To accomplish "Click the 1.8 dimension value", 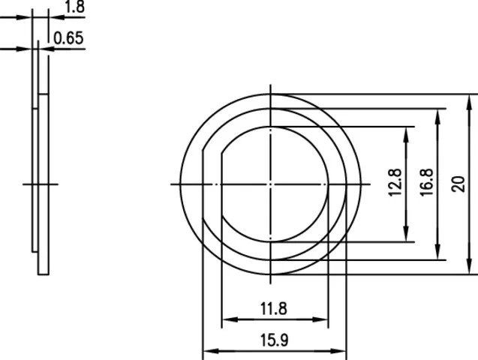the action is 75,7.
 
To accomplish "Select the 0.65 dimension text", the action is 68,38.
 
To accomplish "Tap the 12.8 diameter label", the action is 395,182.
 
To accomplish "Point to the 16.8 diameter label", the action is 427,182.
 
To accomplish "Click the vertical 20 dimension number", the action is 458,184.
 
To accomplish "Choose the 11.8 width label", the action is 273,308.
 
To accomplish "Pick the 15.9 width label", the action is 274,340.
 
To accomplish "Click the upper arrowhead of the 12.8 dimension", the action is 406,135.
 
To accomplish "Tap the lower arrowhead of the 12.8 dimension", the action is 406,234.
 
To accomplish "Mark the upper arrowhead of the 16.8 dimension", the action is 437,117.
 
